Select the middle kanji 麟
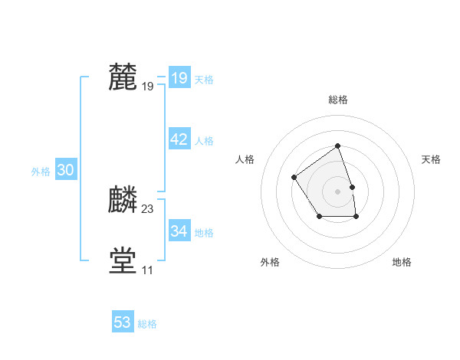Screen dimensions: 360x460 point(123,200)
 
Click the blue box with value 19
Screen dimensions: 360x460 point(179,78)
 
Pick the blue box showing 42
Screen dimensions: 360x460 point(179,139)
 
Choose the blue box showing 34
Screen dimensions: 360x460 point(179,231)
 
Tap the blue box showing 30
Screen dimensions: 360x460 point(65,171)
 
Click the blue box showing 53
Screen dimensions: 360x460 point(123,322)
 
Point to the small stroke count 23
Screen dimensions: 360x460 point(148,209)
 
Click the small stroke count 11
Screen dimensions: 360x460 point(147,270)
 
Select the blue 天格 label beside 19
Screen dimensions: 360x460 point(204,80)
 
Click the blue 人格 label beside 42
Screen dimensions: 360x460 point(204,141)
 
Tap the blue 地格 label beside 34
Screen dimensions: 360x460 point(204,233)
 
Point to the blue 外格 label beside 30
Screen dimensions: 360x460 point(41,172)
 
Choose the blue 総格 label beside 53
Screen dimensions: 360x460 point(147,324)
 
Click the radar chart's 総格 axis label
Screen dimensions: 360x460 point(338,100)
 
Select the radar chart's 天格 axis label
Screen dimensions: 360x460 point(431,159)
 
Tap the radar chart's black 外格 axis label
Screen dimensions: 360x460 point(270,262)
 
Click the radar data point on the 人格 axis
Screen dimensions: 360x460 point(294,178)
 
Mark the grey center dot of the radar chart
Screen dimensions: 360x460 point(338,191)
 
